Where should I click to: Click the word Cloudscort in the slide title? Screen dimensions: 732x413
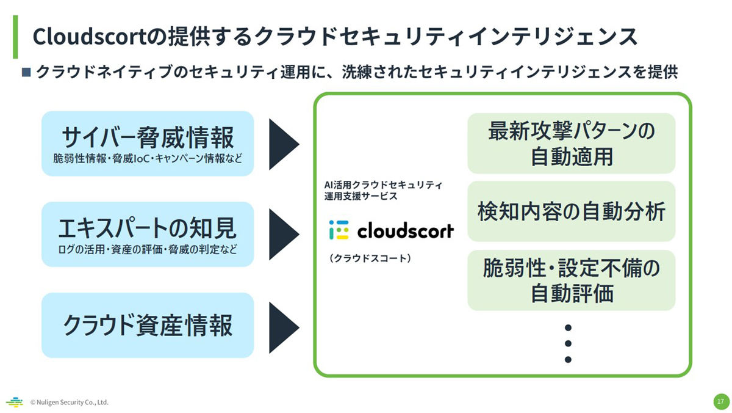coord(89,36)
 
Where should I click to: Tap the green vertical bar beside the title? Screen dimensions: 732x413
coord(15,37)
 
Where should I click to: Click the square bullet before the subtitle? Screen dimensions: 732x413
coord(26,72)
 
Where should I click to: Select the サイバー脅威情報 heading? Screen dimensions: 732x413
coord(148,137)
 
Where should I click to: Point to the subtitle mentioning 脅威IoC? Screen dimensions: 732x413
coord(148,159)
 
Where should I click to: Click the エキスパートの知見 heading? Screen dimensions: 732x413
coord(148,228)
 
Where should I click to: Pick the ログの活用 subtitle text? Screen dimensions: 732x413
coord(148,250)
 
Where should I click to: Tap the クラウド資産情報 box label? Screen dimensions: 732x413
coord(148,325)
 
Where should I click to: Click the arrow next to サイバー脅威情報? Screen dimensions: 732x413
coord(284,144)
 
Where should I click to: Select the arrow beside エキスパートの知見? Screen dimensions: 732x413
coord(284,235)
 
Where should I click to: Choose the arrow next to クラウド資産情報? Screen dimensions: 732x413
coord(284,327)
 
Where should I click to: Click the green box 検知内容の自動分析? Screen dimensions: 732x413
coord(571,211)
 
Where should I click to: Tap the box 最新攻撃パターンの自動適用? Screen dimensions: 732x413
coord(571,144)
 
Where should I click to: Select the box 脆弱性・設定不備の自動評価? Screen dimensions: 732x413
coord(571,280)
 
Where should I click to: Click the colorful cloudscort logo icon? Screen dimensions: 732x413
coord(339,230)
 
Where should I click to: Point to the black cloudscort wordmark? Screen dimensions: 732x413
coord(406,230)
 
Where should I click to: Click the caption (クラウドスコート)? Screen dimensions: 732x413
coord(370,258)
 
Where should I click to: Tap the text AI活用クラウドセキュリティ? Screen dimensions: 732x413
coord(383,185)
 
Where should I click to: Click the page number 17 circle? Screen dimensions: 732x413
coord(721,401)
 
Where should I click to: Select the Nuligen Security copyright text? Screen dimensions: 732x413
coord(70,402)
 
